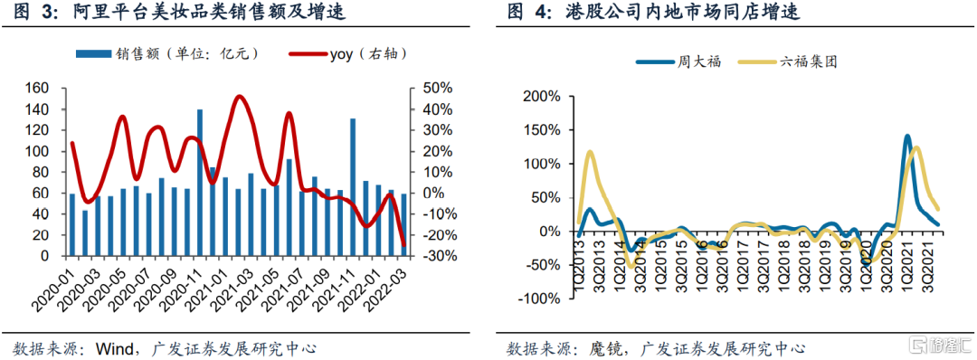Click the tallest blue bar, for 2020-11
click(x=200, y=183)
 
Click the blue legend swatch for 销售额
click(x=92, y=54)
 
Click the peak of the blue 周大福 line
click(x=906, y=136)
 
